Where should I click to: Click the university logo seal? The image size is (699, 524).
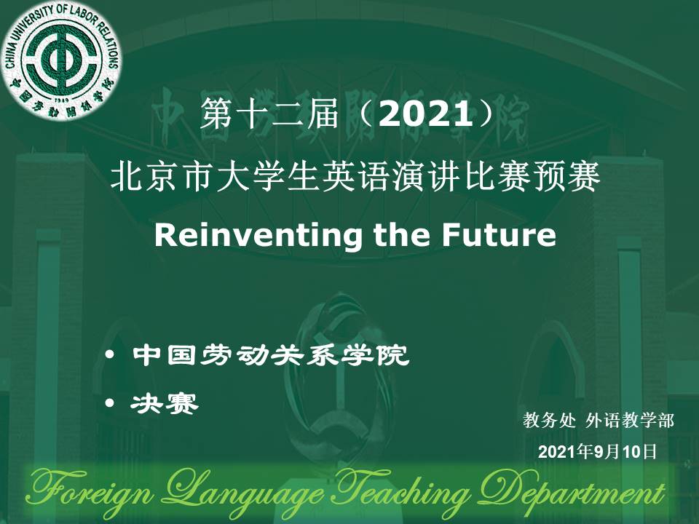[61, 60]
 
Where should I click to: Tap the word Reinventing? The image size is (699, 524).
[258, 235]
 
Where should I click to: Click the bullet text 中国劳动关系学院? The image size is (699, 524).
[271, 354]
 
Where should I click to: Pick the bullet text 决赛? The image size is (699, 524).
[164, 404]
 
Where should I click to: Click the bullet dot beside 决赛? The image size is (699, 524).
[110, 402]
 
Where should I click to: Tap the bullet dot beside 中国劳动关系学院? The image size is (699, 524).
[110, 355]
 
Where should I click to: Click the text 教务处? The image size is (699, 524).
[549, 420]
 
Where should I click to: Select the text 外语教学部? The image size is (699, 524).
[629, 420]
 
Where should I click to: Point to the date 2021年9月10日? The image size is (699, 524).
[597, 452]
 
